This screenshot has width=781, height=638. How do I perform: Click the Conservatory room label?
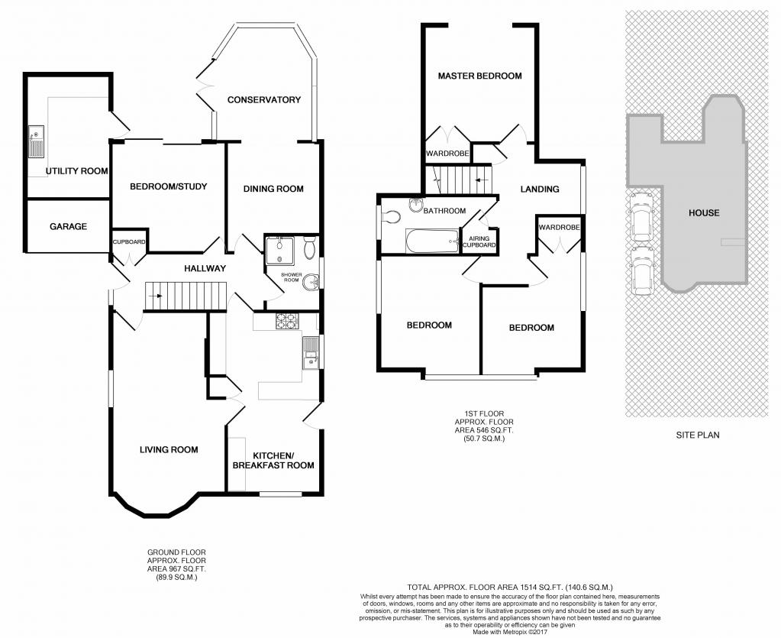pos(264,99)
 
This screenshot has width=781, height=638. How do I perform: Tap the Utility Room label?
pos(76,171)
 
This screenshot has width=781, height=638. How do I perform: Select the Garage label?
pos(68,227)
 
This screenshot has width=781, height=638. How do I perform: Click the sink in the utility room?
pos(37,141)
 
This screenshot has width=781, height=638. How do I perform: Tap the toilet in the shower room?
pos(309,248)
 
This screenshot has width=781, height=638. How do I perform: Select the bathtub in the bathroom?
pos(433,241)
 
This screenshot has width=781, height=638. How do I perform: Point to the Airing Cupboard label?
pos(479,241)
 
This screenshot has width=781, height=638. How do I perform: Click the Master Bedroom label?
pos(479,76)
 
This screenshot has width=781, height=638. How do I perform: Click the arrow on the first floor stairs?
pos(481,180)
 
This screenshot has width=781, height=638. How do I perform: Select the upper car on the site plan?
pos(641,214)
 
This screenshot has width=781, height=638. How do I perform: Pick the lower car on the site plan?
pos(641,271)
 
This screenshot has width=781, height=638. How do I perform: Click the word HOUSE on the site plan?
pos(704,213)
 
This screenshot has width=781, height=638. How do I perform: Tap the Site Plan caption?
pos(697,435)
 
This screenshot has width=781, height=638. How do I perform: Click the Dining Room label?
pos(273,189)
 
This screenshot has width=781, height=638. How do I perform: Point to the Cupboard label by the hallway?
pos(129,242)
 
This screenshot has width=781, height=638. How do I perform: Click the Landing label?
pos(540,189)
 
